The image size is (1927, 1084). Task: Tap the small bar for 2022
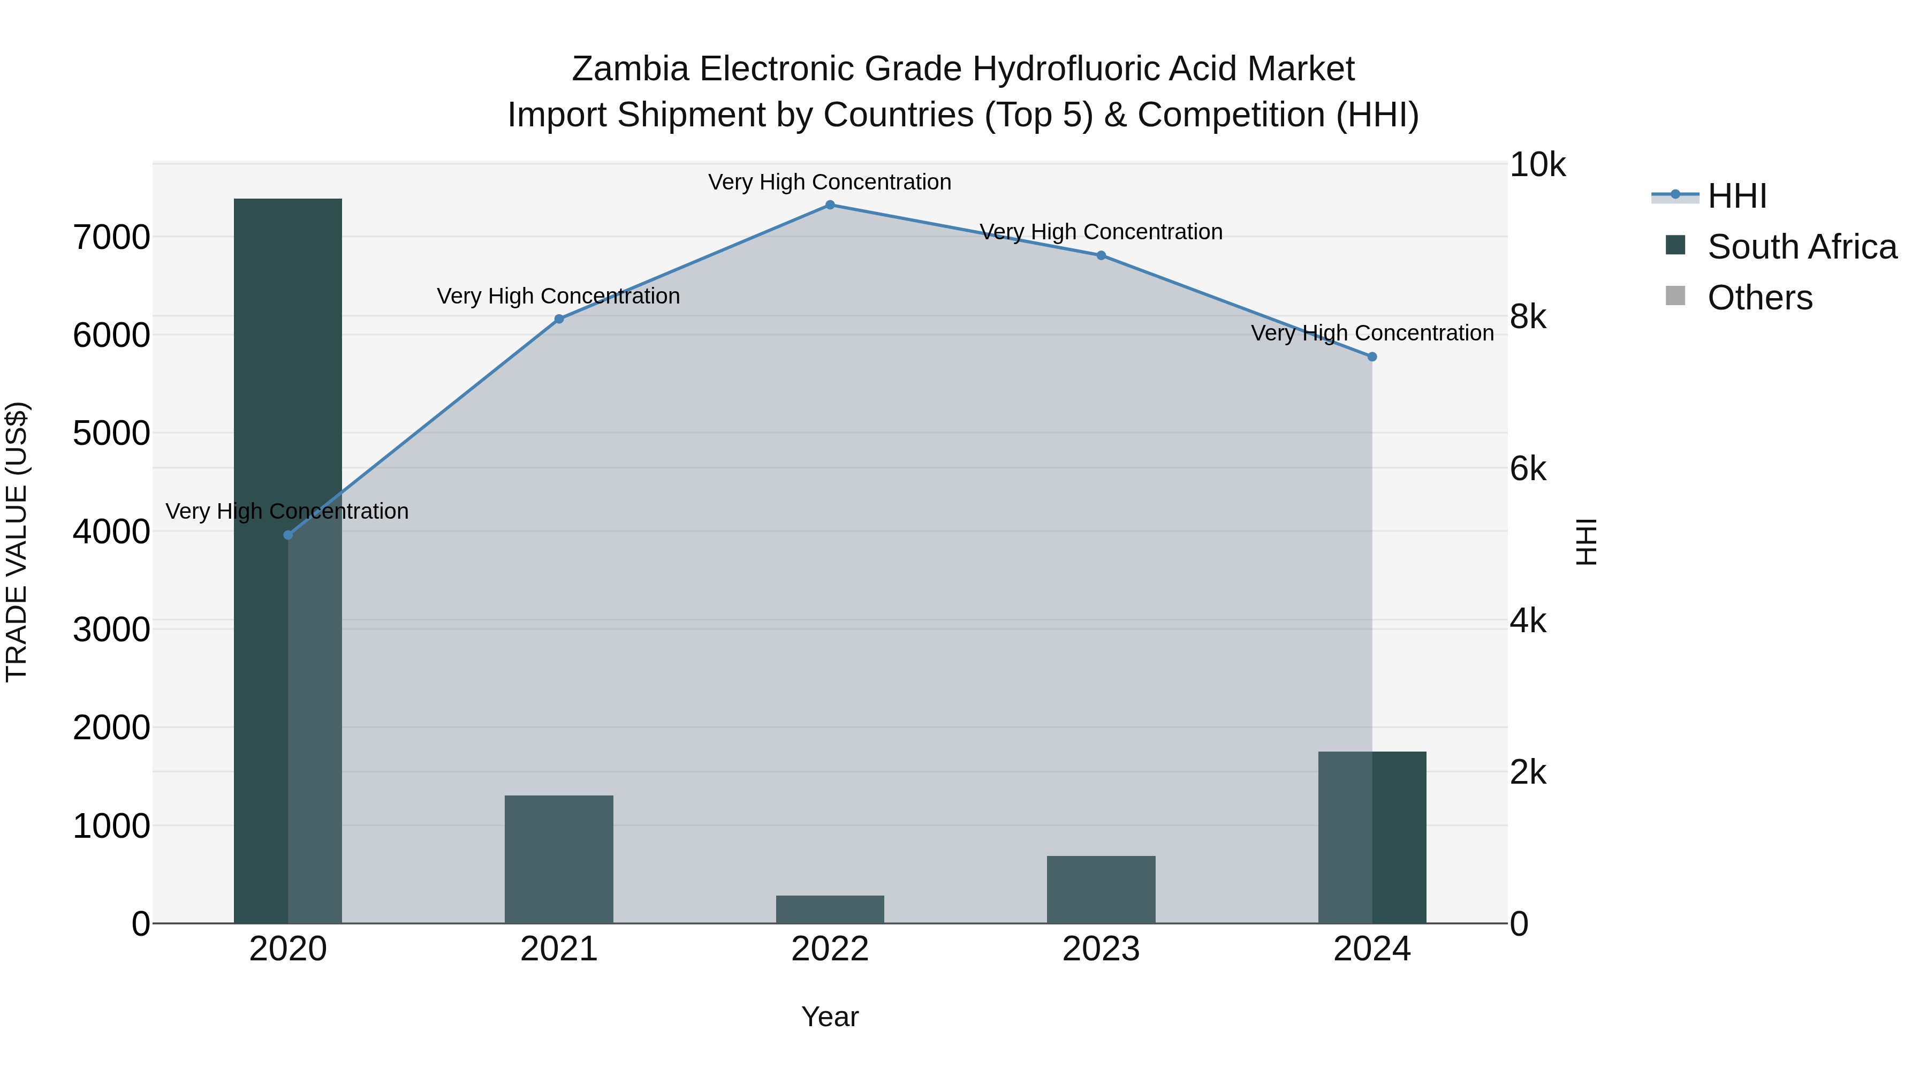point(830,909)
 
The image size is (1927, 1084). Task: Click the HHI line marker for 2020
point(288,535)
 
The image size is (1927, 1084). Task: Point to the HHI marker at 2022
point(830,205)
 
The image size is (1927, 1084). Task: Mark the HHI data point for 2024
point(1372,357)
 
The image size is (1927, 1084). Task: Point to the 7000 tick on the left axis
point(111,238)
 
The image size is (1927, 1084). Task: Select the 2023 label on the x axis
point(1101,949)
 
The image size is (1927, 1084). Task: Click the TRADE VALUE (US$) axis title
point(17,542)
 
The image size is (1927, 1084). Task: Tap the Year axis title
point(830,1017)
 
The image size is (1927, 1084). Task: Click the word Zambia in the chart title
point(630,69)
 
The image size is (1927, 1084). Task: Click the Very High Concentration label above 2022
point(830,182)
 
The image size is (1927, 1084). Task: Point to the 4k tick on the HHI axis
point(1528,621)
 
